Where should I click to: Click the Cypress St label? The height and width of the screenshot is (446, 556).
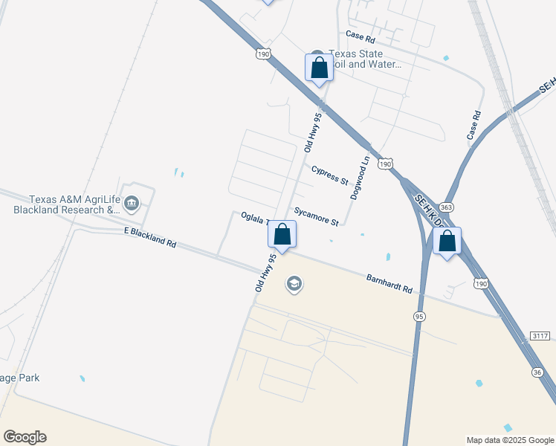click(329, 175)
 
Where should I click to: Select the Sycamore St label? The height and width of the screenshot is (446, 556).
click(316, 216)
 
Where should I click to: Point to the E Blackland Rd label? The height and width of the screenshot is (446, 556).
click(149, 238)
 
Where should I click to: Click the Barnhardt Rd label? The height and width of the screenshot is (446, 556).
click(389, 283)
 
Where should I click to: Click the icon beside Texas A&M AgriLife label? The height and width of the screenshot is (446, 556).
click(132, 202)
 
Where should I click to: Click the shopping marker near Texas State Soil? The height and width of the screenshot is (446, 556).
click(320, 68)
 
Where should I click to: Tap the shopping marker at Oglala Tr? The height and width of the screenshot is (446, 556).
click(282, 234)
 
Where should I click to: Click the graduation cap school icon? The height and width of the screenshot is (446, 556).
click(294, 284)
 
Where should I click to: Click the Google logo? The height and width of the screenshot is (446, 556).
click(25, 437)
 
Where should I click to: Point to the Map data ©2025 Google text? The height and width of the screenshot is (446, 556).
click(511, 440)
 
